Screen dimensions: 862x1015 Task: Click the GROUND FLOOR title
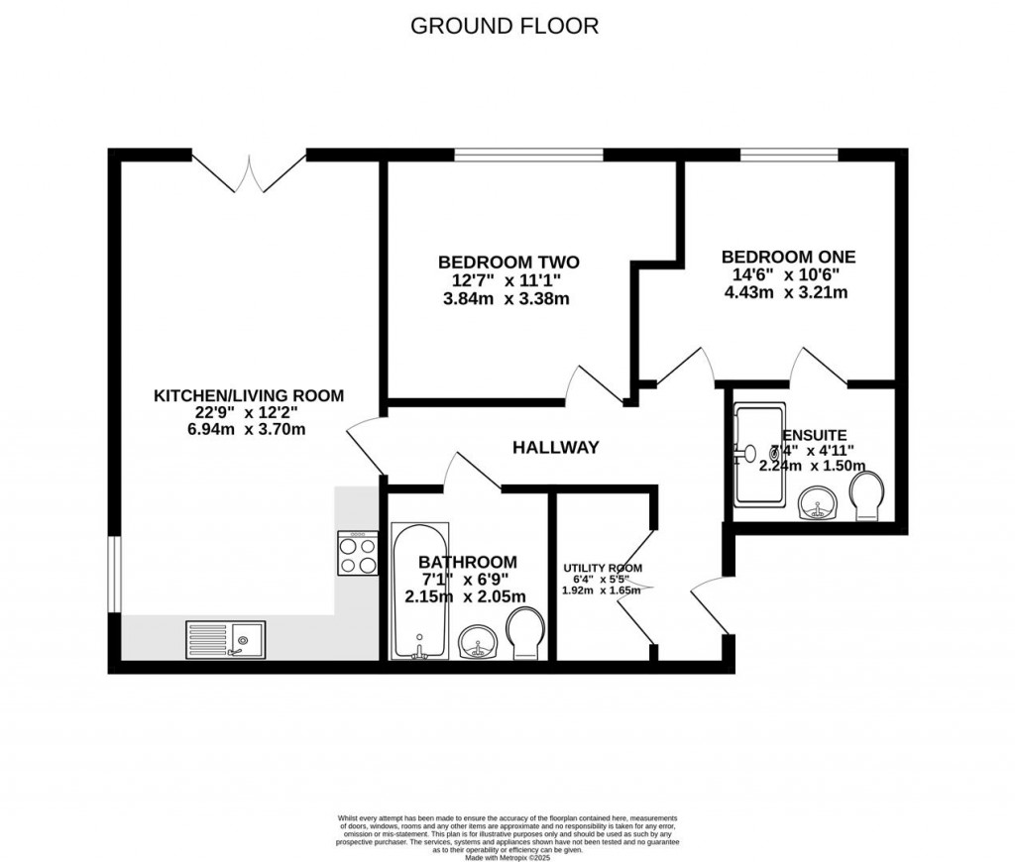(505, 26)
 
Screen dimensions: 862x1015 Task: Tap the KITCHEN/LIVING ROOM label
(248, 395)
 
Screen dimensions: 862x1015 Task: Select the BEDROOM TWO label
(508, 262)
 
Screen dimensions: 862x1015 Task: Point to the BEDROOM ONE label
(788, 256)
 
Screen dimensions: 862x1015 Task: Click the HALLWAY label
(555, 448)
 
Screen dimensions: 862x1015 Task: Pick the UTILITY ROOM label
(603, 568)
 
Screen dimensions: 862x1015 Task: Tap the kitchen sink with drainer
(225, 639)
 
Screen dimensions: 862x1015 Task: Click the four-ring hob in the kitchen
(358, 553)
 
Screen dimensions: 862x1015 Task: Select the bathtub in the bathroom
(418, 590)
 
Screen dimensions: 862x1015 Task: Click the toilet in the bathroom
(524, 632)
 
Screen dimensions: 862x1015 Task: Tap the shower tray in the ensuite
(758, 453)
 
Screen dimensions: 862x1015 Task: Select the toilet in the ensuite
(866, 495)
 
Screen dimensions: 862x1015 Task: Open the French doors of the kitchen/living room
(249, 168)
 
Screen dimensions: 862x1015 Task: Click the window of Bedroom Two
(528, 155)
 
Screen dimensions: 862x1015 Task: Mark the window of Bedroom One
(788, 155)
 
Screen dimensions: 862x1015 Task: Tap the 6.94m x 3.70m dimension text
(248, 430)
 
